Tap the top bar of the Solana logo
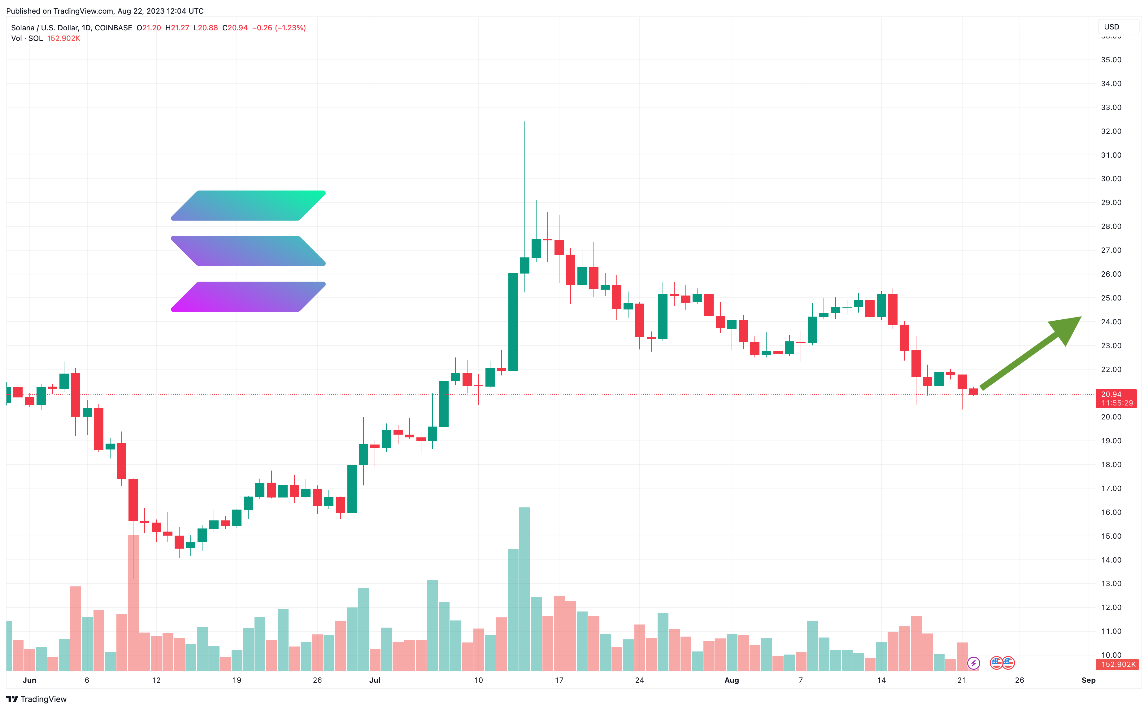pos(248,206)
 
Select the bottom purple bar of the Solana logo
pos(248,297)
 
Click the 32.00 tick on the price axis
pos(1111,131)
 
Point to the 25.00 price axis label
pos(1111,298)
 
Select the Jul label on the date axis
pos(375,680)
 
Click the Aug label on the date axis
pos(732,680)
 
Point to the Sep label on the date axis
pos(1088,680)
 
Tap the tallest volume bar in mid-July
pos(525,589)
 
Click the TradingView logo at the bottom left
pos(36,699)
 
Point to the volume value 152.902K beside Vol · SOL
pos(63,38)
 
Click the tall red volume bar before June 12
pos(133,603)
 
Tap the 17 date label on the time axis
pos(559,680)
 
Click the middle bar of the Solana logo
pos(248,251)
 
